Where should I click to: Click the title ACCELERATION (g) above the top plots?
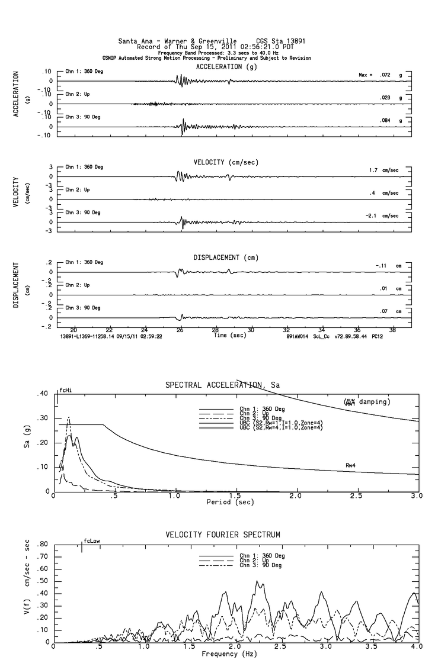(x=226, y=67)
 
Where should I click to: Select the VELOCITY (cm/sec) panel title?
(x=226, y=162)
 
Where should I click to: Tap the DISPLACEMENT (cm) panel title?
(x=226, y=257)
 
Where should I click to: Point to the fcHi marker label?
(x=65, y=391)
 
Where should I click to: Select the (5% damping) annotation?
(x=366, y=402)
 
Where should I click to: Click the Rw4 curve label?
(x=351, y=465)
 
